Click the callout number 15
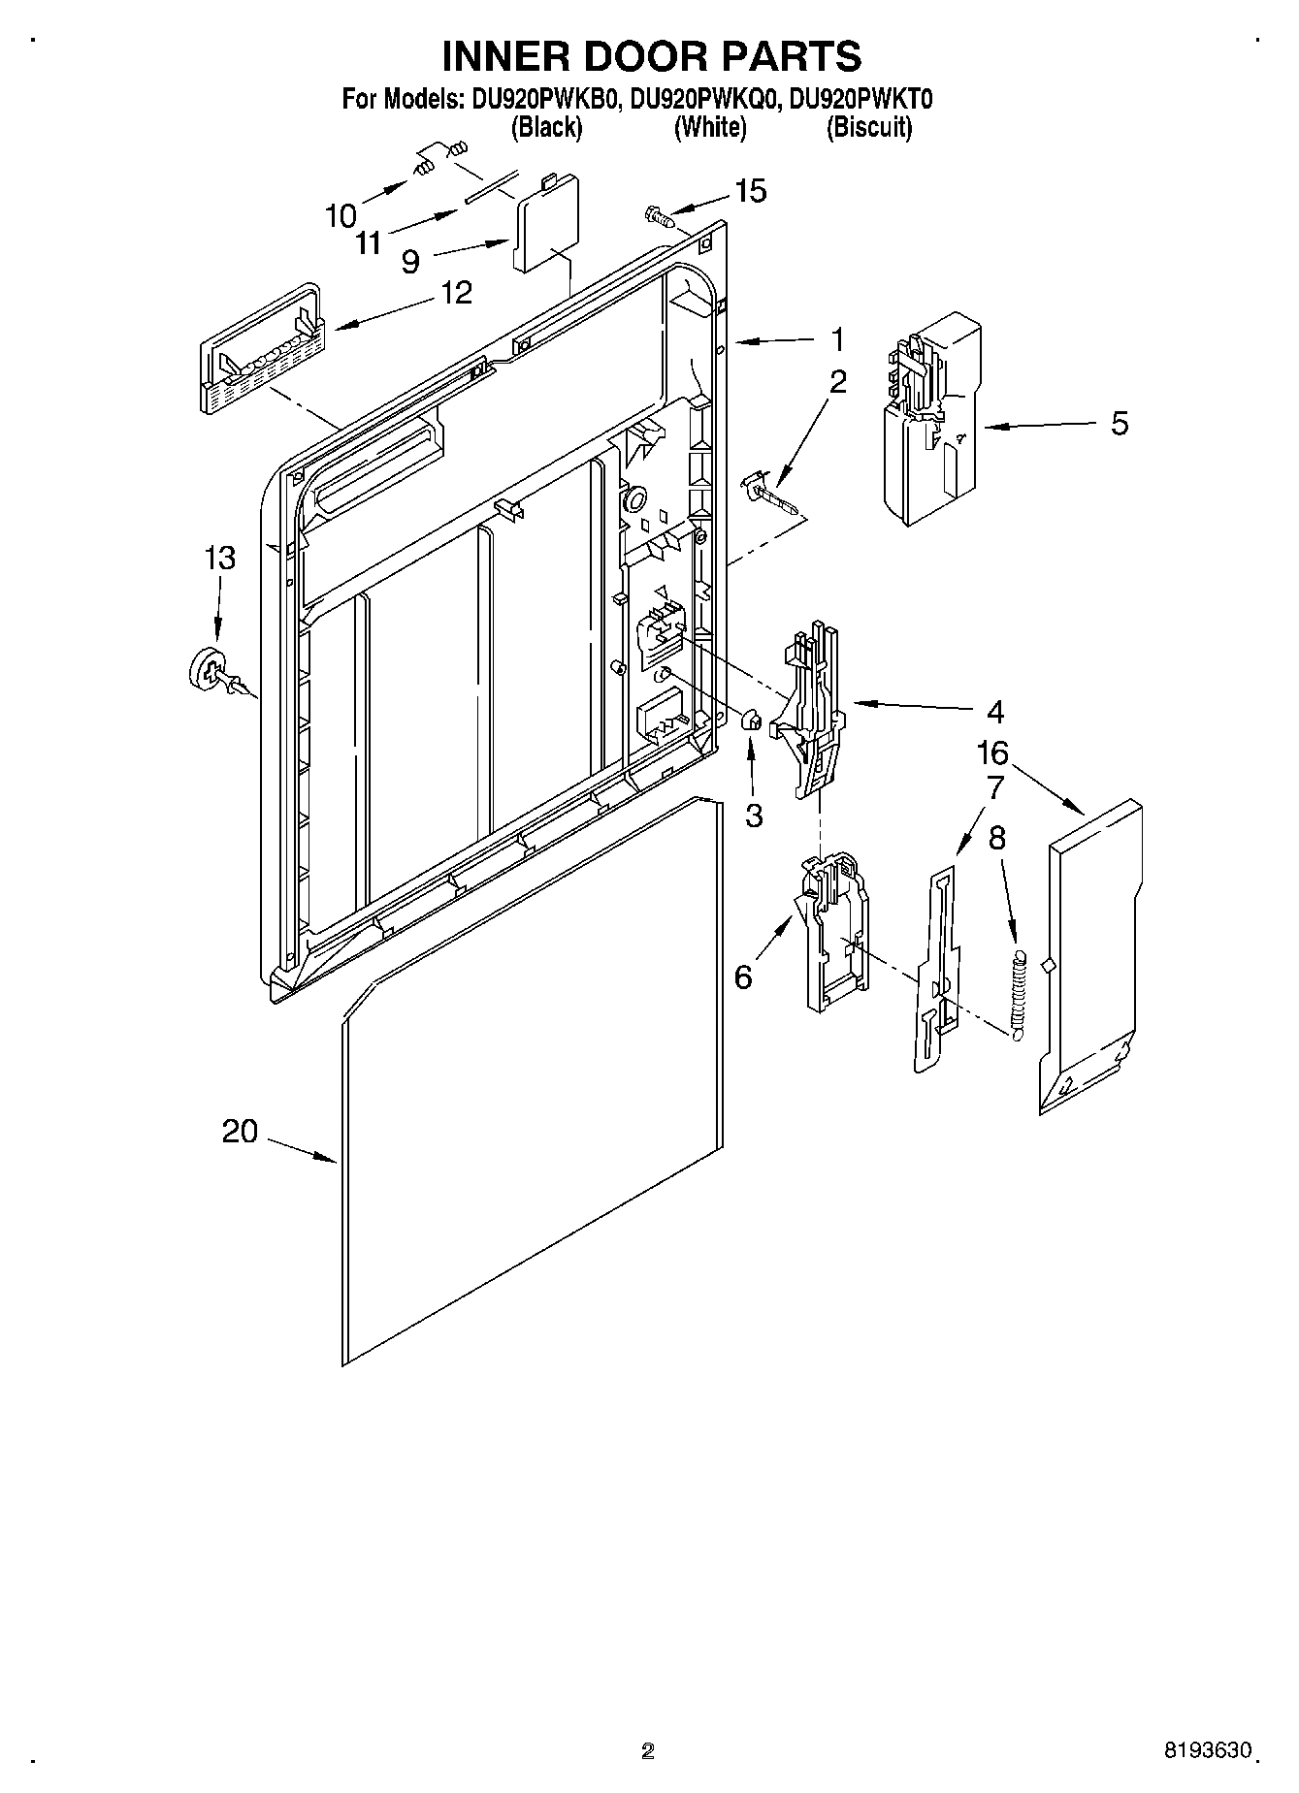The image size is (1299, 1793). [750, 191]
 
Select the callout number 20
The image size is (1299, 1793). [240, 1131]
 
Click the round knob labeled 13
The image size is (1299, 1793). [208, 670]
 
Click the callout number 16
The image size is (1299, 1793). [992, 752]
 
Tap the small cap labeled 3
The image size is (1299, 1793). [750, 720]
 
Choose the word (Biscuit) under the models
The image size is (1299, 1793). [868, 128]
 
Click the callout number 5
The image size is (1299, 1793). [1120, 424]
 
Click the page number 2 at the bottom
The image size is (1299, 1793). [648, 1750]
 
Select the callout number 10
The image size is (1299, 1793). [341, 214]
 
